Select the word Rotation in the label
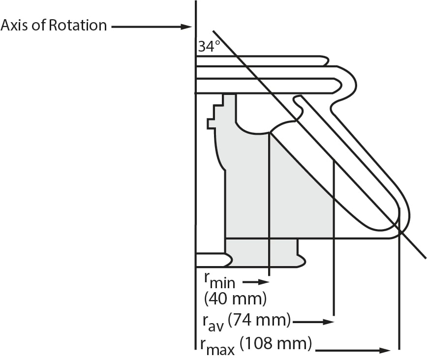tap(78, 25)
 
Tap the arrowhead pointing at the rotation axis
tap(187, 27)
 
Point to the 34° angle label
tap(209, 47)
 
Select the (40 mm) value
tap(235, 298)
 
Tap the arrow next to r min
tap(257, 282)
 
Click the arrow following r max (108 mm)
tap(354, 350)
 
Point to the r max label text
tap(213, 346)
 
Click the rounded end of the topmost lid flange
tap(325, 60)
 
